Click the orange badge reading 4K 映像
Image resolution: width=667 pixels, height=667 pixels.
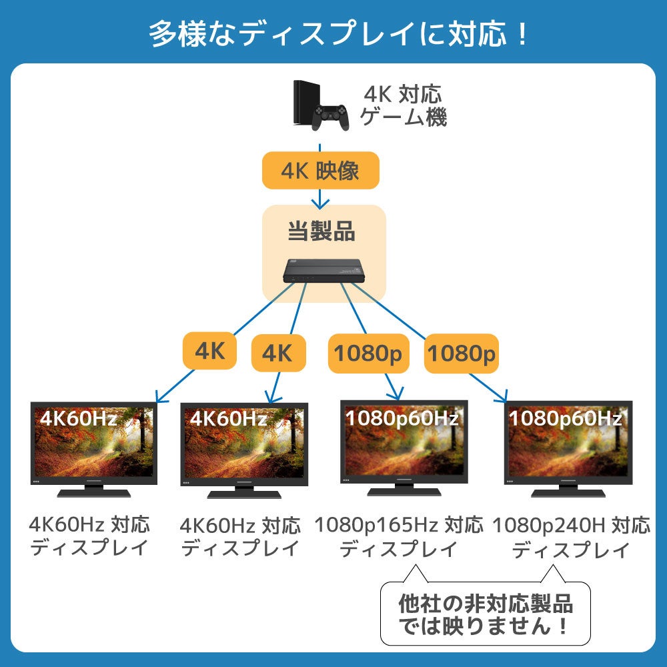point(320,171)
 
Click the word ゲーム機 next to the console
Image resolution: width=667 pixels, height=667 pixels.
point(403,118)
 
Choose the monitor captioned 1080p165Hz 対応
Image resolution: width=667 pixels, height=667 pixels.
point(404,448)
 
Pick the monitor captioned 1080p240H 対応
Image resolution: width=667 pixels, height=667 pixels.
point(568,448)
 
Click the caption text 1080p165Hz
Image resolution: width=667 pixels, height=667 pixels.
point(377,526)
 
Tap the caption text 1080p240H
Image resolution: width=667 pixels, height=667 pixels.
point(548,526)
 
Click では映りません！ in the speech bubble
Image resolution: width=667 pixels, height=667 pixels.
point(484,627)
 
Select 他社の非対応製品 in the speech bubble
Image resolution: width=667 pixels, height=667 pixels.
point(485,604)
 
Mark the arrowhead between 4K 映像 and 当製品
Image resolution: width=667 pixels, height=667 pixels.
point(321,201)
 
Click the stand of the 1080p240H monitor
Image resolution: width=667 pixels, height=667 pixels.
point(568,492)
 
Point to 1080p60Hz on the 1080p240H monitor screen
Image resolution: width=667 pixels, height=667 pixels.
point(565,419)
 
